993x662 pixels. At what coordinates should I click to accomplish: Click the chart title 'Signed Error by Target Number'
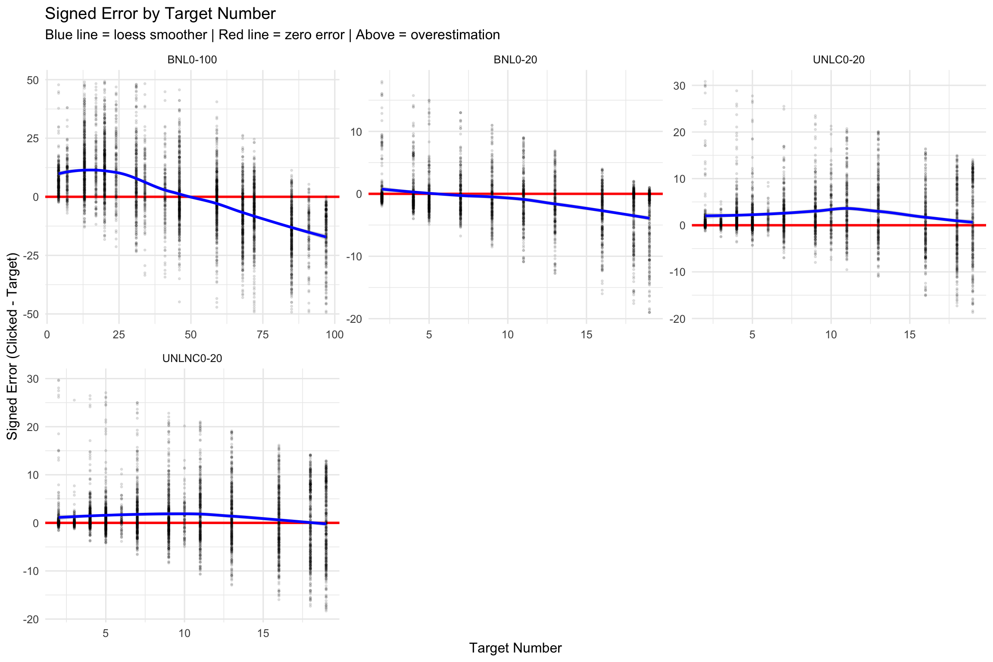pos(160,14)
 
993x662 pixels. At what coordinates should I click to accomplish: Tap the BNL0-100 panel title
pos(192,60)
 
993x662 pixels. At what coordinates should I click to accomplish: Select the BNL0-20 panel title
pos(515,60)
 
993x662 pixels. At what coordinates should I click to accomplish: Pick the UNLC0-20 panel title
pos(838,60)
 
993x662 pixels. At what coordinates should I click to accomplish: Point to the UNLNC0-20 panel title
pos(192,359)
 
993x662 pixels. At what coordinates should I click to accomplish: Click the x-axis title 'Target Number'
pos(515,648)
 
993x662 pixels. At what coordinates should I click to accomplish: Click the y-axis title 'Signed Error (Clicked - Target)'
pos(12,346)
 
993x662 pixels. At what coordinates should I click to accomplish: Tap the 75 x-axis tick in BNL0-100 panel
pos(262,335)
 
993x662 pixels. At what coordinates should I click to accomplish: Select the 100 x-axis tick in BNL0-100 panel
pos(334,335)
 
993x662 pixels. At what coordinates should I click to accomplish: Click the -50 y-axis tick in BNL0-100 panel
pos(31,314)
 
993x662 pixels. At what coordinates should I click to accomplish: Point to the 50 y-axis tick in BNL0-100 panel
pos(33,80)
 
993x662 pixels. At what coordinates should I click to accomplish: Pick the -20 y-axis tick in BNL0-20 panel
pos(354,319)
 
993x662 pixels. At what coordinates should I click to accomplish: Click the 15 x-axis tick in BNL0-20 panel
pos(586,335)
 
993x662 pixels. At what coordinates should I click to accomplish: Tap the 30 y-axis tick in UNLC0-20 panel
pos(679,86)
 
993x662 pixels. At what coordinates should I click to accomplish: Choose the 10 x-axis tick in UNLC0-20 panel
pos(831,335)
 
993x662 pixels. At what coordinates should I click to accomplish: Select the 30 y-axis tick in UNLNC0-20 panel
pos(33,379)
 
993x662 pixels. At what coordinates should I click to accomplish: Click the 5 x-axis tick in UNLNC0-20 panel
pos(106,634)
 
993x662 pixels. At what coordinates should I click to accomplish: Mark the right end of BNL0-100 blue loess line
pos(326,237)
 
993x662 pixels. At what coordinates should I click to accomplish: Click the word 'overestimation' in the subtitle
pos(455,35)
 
